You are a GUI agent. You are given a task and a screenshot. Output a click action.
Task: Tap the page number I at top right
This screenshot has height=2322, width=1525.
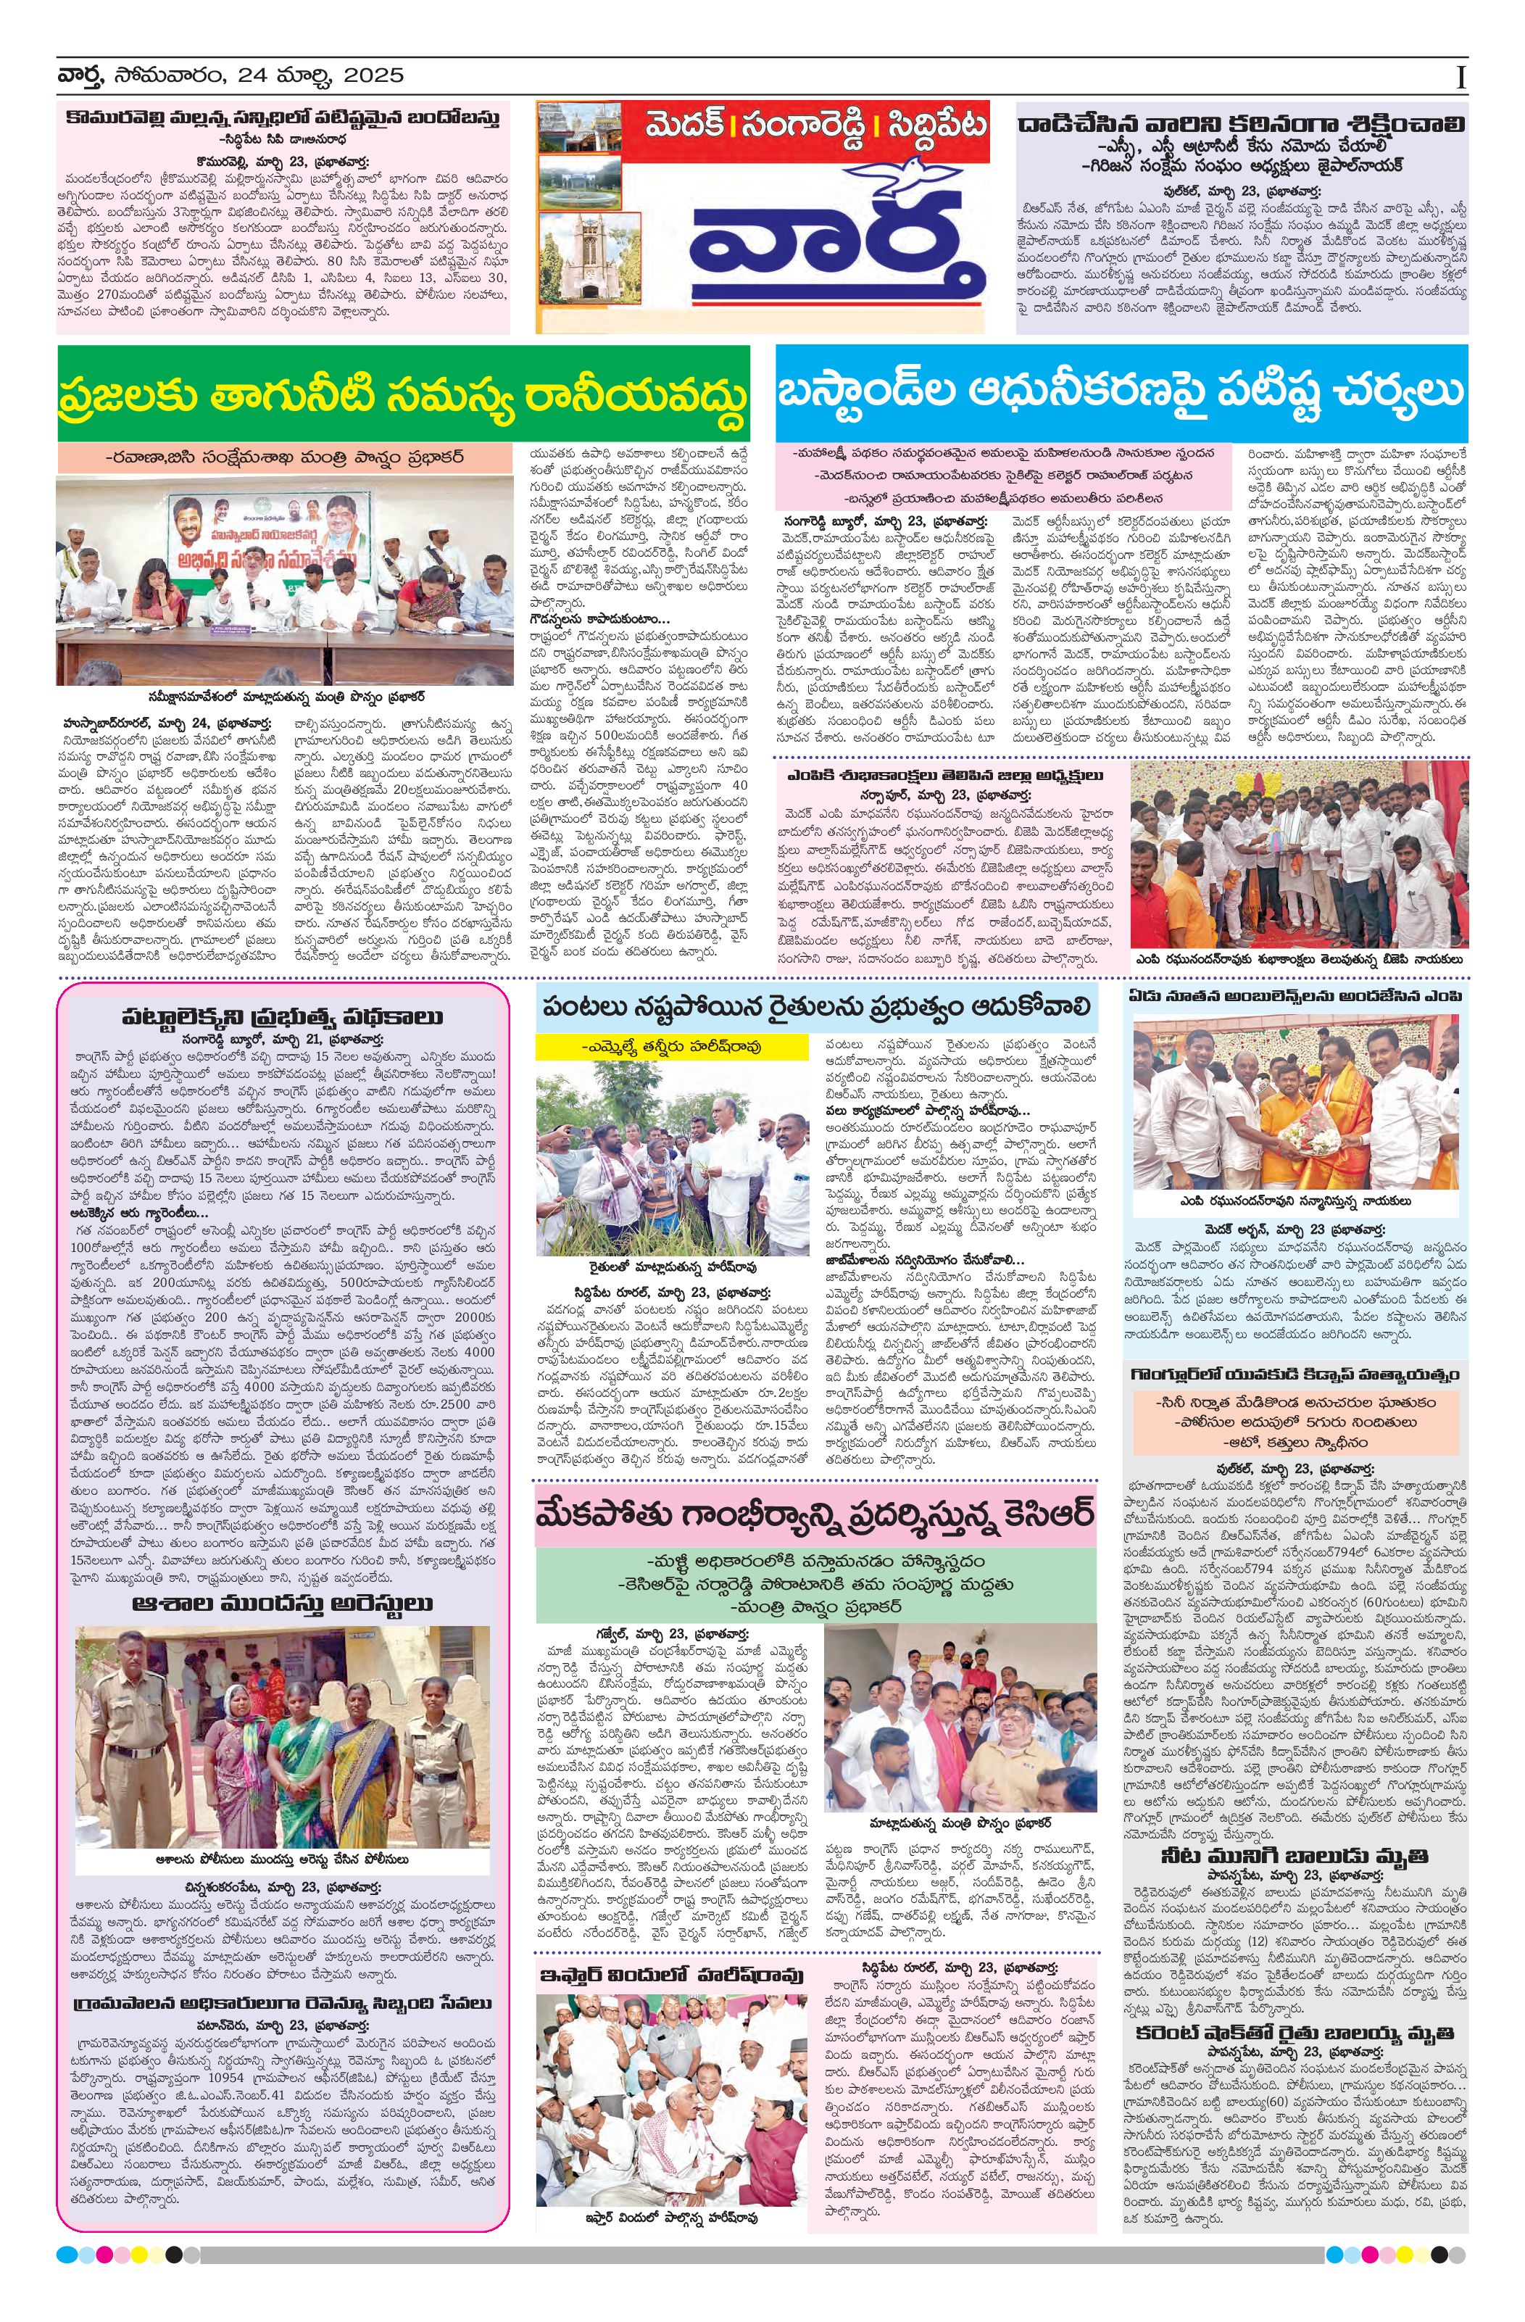(1460, 78)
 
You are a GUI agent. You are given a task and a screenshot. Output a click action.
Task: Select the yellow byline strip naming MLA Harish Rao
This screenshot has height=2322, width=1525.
(671, 1046)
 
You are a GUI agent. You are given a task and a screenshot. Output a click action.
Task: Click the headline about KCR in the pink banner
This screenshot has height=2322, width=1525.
(815, 1515)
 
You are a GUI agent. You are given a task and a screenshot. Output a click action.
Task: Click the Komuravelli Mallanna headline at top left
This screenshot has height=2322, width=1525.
(283, 117)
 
